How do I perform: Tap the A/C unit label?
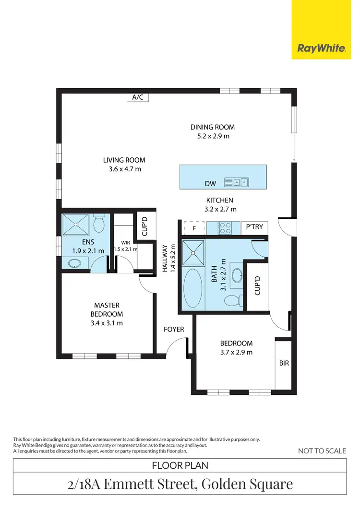click(138, 97)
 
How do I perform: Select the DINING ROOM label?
click(213, 127)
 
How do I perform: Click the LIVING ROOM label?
click(124, 160)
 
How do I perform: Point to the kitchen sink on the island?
click(237, 182)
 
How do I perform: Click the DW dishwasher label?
click(210, 183)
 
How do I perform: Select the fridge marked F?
click(194, 227)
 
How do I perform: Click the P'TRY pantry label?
click(254, 227)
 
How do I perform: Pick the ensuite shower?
click(75, 224)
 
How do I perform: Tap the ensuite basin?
click(75, 263)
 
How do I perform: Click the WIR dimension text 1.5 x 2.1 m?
click(125, 249)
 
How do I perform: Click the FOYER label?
click(174, 330)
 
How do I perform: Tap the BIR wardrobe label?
click(284, 363)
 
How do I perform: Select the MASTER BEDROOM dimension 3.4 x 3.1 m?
click(107, 323)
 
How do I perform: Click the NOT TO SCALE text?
click(322, 450)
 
